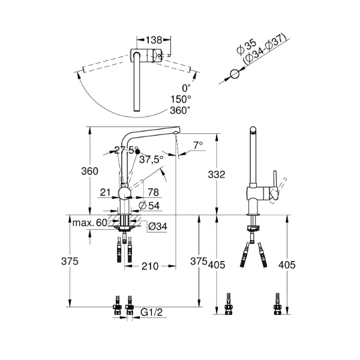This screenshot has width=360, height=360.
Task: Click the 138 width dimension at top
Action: click(x=154, y=40)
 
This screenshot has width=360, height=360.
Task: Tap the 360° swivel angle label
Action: click(x=180, y=110)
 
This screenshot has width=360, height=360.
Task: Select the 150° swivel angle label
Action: click(x=181, y=100)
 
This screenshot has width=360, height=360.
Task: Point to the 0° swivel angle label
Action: click(x=187, y=88)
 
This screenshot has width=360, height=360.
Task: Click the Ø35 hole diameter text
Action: click(x=247, y=47)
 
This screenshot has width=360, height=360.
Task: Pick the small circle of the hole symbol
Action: click(x=235, y=74)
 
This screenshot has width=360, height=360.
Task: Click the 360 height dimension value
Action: click(x=89, y=171)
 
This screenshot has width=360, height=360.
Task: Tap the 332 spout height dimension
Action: click(x=217, y=175)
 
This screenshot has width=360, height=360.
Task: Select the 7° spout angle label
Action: click(x=198, y=145)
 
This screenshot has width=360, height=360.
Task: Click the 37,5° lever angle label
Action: click(x=152, y=160)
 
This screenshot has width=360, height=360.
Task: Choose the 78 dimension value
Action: click(x=154, y=193)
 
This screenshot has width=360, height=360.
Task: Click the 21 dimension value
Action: click(x=106, y=193)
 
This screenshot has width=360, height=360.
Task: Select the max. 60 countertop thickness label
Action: click(x=90, y=223)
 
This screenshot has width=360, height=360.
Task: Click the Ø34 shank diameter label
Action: click(x=157, y=227)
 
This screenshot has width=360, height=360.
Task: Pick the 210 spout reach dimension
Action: click(x=150, y=266)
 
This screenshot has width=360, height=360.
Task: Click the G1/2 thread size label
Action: click(x=152, y=312)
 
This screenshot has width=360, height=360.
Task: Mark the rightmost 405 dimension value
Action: click(x=287, y=265)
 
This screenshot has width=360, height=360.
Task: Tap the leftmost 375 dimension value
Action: click(x=70, y=261)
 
